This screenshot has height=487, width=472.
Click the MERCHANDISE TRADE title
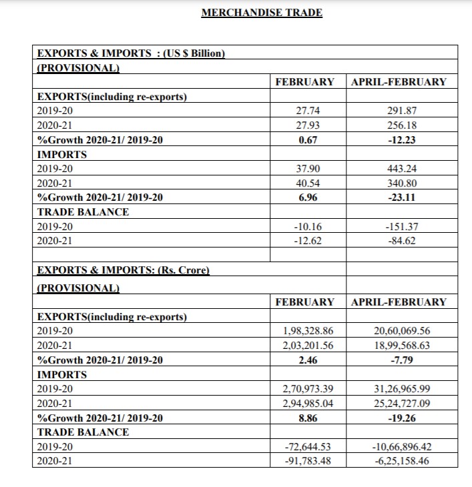tap(262, 13)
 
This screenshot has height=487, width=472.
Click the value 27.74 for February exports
tap(308, 111)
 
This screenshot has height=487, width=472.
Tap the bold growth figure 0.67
tap(308, 139)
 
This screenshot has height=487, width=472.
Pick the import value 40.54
tap(308, 183)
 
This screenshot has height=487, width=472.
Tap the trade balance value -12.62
tap(308, 241)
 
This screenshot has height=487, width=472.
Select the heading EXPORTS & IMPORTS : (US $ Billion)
tap(130, 53)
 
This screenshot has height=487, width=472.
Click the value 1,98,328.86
tap(308, 332)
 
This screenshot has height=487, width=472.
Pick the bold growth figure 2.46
tap(308, 360)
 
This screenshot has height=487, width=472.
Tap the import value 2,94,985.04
tap(308, 404)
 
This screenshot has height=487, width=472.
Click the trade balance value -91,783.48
tap(308, 462)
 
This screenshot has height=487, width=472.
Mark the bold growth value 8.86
tap(308, 418)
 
